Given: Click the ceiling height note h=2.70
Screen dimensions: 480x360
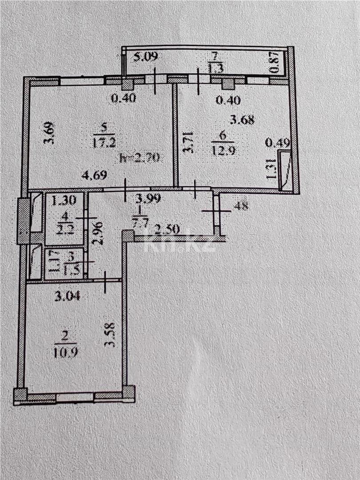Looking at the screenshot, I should tap(140, 157).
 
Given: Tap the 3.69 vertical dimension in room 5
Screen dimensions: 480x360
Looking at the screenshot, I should tap(49, 132).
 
